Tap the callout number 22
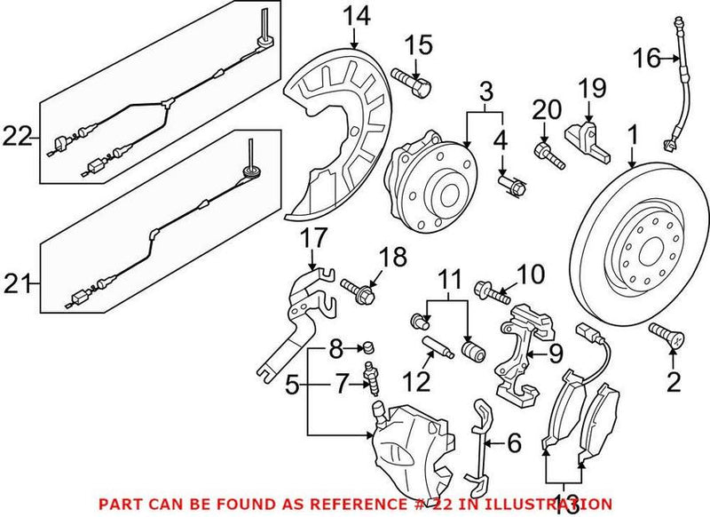[17, 136]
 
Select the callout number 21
[17, 285]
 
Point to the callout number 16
[647, 59]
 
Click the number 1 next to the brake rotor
[632, 136]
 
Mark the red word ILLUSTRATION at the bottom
[551, 502]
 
